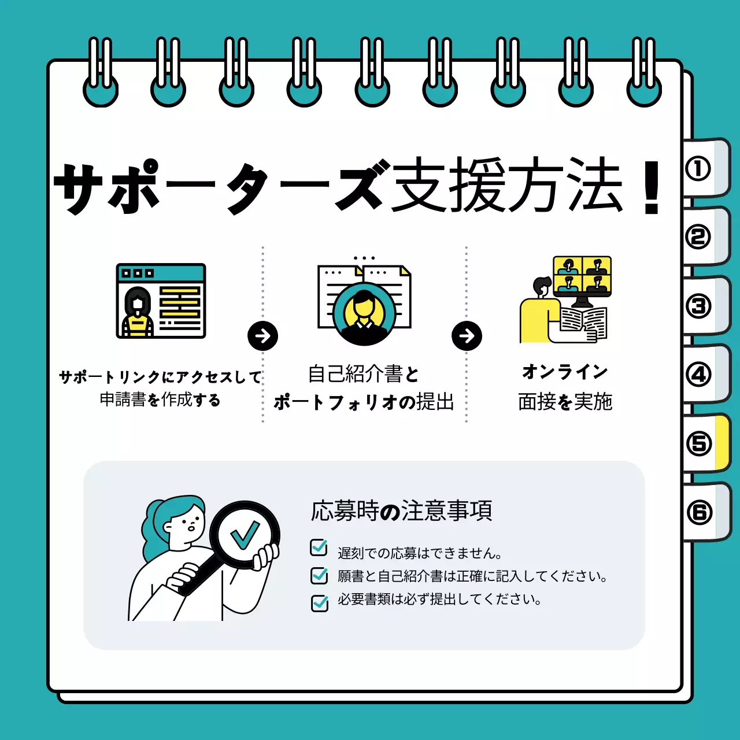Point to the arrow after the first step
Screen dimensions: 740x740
[262, 336]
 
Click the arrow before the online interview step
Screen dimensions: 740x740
[467, 336]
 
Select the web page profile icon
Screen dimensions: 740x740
[161, 301]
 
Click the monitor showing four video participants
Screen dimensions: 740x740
[582, 276]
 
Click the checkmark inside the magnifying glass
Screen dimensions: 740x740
[245, 535]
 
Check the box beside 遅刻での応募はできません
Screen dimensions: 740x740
[319, 547]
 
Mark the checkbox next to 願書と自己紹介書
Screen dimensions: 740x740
[319, 575]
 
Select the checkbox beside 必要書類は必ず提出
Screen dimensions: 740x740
[319, 602]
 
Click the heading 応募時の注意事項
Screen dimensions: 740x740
[401, 511]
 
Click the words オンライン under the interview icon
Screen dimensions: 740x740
[565, 372]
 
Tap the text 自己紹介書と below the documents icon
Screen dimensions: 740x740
[363, 374]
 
